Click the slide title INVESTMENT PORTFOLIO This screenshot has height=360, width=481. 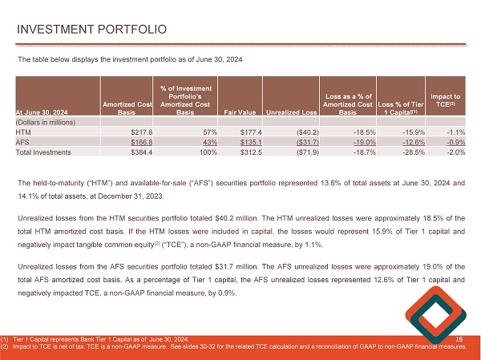tap(93, 30)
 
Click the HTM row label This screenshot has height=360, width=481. tap(24, 131)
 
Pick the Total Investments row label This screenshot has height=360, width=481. tap(46, 152)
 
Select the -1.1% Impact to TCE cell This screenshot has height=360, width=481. tap(453, 131)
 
